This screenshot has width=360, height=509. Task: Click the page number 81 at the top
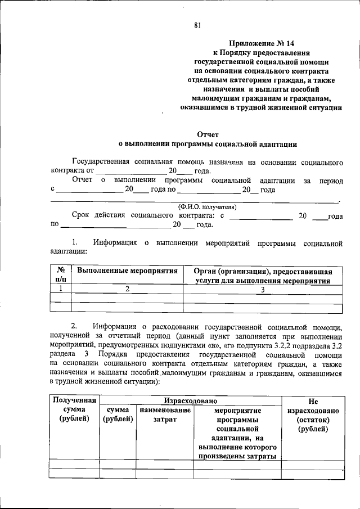point(197,25)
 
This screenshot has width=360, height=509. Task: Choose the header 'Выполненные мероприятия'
point(127,271)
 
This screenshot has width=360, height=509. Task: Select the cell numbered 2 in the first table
point(127,289)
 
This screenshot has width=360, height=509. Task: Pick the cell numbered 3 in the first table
point(263,289)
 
